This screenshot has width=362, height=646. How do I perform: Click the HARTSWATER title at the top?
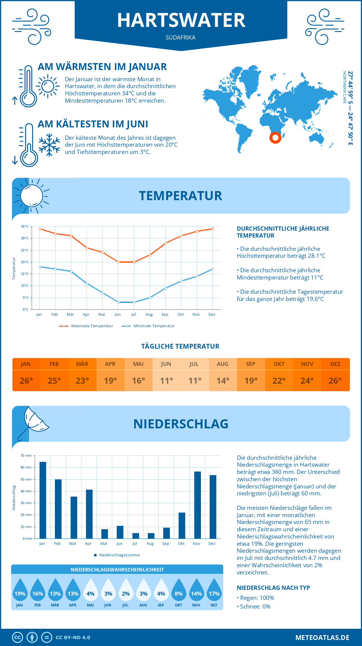pos(181,21)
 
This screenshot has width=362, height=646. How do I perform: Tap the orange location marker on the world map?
pos(275,138)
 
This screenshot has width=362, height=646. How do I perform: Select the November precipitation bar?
pos(197,505)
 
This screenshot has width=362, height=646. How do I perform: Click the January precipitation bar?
pos(43,500)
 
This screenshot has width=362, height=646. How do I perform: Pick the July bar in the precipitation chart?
pos(136,536)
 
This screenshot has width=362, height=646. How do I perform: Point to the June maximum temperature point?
pos(119,262)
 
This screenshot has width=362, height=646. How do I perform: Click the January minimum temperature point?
pos(40,267)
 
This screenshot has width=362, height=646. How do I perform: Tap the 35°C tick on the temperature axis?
pos(25,226)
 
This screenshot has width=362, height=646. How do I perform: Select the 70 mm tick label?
pos(26,456)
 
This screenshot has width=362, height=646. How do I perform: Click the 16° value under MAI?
pos(138,381)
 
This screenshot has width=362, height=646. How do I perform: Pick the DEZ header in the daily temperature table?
pos(335,364)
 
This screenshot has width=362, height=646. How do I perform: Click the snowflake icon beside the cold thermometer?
pos(49,145)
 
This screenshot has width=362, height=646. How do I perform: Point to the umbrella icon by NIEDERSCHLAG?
pos(33,422)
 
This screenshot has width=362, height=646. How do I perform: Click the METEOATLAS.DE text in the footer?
pos(322,638)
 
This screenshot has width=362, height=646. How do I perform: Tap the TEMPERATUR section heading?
pos(180,196)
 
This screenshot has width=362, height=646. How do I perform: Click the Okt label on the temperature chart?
pos(180,314)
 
